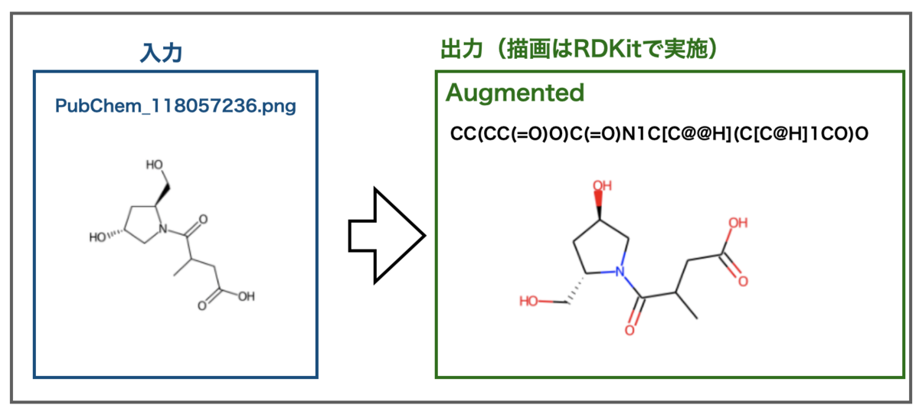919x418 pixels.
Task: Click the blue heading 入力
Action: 161,53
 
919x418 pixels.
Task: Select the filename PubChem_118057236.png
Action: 175,106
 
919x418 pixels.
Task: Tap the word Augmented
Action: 515,93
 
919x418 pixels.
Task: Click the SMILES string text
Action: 659,134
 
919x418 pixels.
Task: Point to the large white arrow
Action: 387,236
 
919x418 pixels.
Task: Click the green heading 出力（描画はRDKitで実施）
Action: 579,49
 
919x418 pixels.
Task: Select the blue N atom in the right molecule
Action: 620,271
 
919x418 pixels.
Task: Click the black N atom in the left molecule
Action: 163,229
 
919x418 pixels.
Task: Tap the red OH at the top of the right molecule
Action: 602,186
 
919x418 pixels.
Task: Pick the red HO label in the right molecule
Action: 528,301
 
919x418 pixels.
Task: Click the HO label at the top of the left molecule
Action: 155,165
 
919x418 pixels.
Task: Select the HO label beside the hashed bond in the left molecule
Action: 98,237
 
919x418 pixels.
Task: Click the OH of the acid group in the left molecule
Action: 247,296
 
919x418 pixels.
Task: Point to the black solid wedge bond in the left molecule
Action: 162,195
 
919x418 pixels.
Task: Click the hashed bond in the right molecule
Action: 576,289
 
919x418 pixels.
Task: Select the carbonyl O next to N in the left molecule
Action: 203,220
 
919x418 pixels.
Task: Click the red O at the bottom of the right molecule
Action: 630,330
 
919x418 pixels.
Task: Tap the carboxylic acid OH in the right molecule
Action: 738,223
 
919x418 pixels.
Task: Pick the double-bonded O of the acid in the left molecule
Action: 202,306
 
